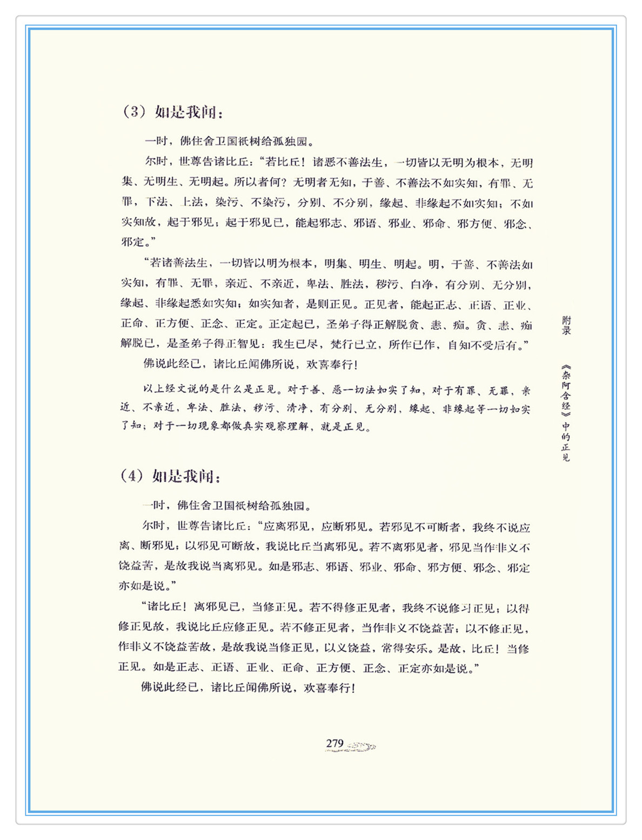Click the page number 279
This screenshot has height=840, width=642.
[335, 744]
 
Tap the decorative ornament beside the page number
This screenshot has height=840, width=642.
[361, 746]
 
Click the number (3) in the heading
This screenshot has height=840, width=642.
[135, 112]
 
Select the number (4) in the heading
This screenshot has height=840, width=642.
[132, 476]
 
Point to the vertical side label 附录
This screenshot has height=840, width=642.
[566, 326]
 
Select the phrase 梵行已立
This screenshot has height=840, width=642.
[353, 344]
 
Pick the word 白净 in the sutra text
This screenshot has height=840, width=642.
[422, 284]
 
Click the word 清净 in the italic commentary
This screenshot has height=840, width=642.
[296, 409]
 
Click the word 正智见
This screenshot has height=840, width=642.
[249, 344]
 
